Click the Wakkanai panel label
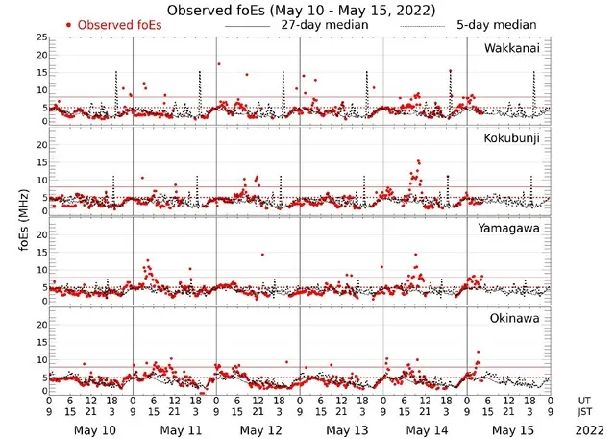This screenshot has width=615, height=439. [x=512, y=48]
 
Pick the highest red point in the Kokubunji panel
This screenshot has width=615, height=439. [x=418, y=162]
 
